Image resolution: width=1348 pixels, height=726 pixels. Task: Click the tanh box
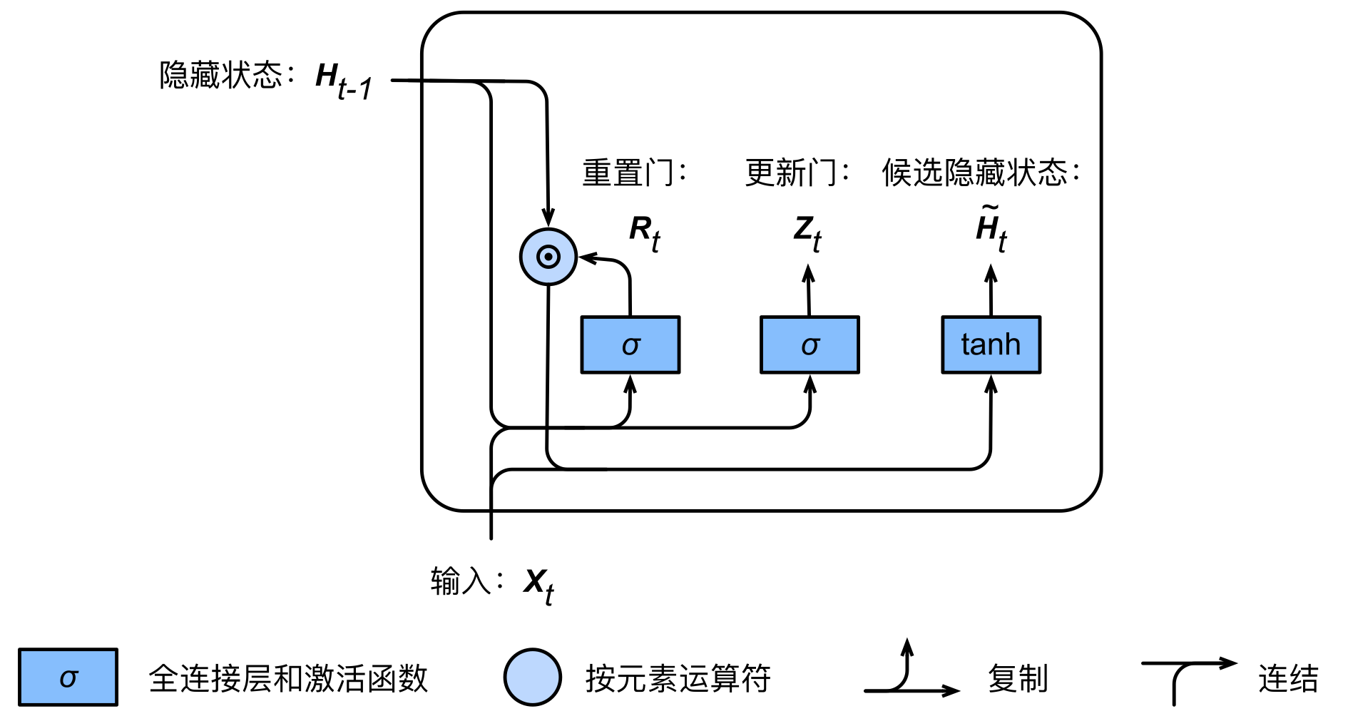[991, 344]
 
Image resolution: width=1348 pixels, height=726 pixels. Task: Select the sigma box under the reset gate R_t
[630, 344]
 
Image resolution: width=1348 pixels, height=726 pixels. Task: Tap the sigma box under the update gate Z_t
[810, 344]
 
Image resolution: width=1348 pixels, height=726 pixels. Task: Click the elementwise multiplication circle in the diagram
[548, 257]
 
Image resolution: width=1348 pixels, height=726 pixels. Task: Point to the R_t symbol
[645, 233]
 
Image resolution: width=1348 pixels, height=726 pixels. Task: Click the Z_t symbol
[807, 233]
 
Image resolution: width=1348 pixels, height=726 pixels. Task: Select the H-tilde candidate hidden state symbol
[991, 228]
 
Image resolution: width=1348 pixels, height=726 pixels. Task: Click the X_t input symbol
[538, 586]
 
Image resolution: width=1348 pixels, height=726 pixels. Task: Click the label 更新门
[790, 173]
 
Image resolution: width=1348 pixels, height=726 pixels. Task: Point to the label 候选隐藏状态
[974, 173]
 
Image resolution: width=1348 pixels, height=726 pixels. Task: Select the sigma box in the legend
[68, 677]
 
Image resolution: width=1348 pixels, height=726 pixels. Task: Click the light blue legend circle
[532, 677]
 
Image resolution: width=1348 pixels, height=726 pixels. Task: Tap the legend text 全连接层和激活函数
[288, 678]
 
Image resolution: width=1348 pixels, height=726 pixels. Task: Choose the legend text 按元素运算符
[678, 678]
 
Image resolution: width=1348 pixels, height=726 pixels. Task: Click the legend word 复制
[1018, 678]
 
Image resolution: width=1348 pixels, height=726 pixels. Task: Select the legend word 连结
[1288, 678]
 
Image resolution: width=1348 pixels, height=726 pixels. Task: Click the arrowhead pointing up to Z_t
[808, 273]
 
